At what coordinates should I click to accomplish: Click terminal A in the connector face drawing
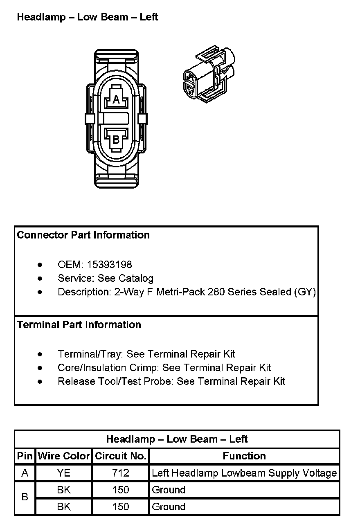click(116, 99)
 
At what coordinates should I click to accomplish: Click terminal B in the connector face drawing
click(116, 139)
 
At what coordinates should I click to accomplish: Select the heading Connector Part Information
click(83, 235)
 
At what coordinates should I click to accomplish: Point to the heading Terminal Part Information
click(79, 324)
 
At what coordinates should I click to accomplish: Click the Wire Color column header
click(64, 456)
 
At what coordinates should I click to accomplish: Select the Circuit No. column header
click(121, 456)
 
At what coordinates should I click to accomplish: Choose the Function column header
click(244, 456)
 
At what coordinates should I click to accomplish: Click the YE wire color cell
click(64, 473)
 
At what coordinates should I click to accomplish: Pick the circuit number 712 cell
click(121, 473)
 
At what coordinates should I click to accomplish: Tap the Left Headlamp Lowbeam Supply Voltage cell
click(244, 473)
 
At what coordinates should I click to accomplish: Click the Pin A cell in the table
click(25, 473)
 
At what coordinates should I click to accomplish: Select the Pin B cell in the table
click(25, 497)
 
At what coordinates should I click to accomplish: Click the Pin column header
click(25, 456)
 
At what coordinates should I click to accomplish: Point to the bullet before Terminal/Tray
click(40, 354)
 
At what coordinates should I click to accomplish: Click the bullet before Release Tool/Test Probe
click(40, 382)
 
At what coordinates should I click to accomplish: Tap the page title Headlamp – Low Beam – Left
click(88, 17)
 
